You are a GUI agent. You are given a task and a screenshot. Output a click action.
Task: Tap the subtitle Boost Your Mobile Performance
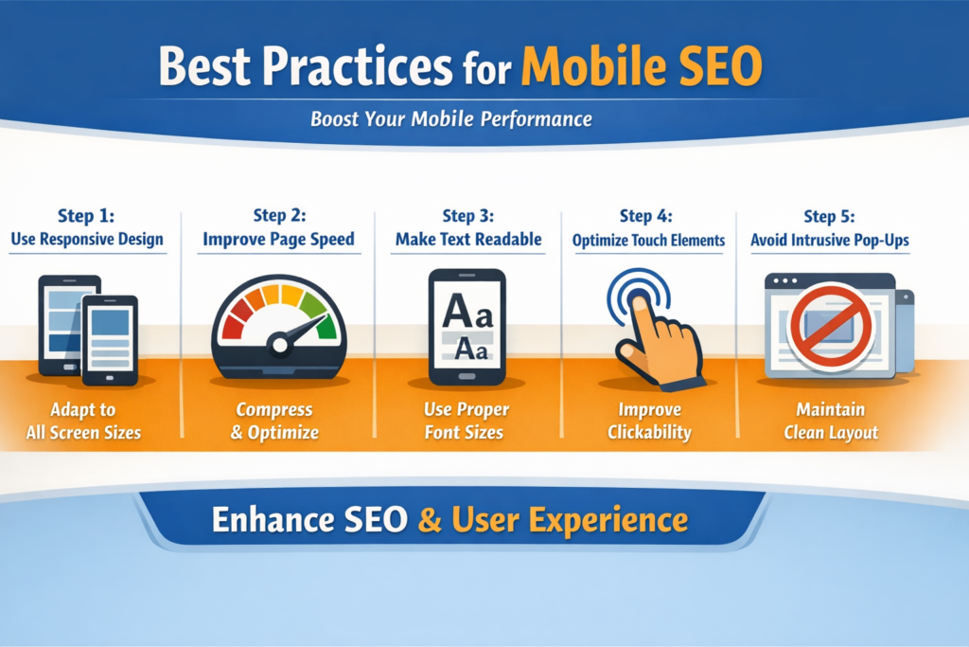tap(450, 120)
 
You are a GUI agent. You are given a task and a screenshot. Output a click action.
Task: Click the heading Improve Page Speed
tap(278, 240)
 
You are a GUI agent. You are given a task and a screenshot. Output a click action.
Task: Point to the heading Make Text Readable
tap(467, 240)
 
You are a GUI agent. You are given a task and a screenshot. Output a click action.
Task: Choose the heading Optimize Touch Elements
tap(648, 241)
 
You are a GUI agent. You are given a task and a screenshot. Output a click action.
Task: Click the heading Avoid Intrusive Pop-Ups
tap(829, 240)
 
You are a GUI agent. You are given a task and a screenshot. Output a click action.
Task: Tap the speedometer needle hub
tap(277, 343)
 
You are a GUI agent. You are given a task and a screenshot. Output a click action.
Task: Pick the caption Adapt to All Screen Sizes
tap(83, 422)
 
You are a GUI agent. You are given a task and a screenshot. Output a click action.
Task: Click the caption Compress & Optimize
tap(277, 422)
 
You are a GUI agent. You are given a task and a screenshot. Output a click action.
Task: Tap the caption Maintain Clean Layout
tap(829, 422)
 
